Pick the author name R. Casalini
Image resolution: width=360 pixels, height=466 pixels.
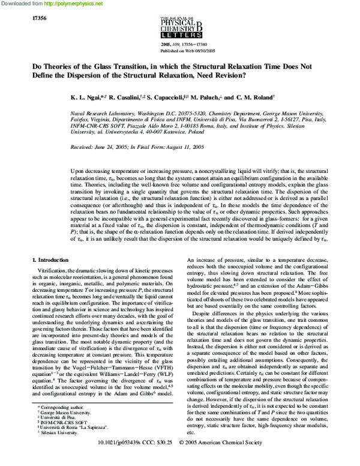140,97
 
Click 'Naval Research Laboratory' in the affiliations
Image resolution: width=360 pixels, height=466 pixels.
101,112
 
